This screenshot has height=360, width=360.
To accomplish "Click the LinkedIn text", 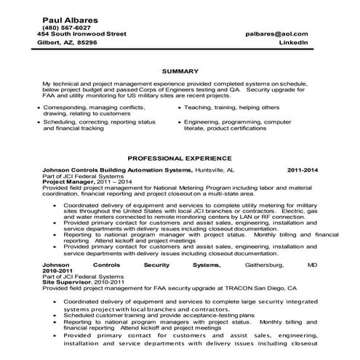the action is pyautogui.click(x=293, y=43).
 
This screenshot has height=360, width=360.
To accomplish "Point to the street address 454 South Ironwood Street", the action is pyautogui.click(x=81, y=34).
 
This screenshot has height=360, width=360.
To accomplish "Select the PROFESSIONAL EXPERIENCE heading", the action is pyautogui.click(x=180, y=157).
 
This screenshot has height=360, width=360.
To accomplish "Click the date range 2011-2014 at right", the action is pyautogui.click(x=303, y=169).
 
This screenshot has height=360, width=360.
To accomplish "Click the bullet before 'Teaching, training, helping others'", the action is pyautogui.click(x=178, y=106).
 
